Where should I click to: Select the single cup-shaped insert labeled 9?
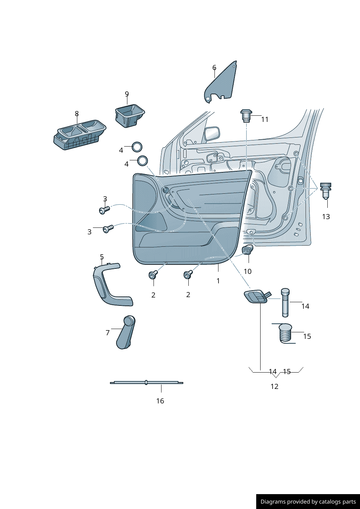pos(130,115)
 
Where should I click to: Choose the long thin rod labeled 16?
pos(147,382)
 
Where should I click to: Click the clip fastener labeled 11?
pos(246,115)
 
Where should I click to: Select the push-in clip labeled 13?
pos(326,190)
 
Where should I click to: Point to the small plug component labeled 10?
pos(247,250)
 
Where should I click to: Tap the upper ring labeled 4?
pos(137,147)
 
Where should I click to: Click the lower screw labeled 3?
pos(108,229)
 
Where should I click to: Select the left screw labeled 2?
pos(153,275)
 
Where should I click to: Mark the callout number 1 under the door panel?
pos(218,281)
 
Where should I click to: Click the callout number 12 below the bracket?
pos(274,387)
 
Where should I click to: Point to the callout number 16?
pos(160,401)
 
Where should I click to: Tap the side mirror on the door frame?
pos(212,133)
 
